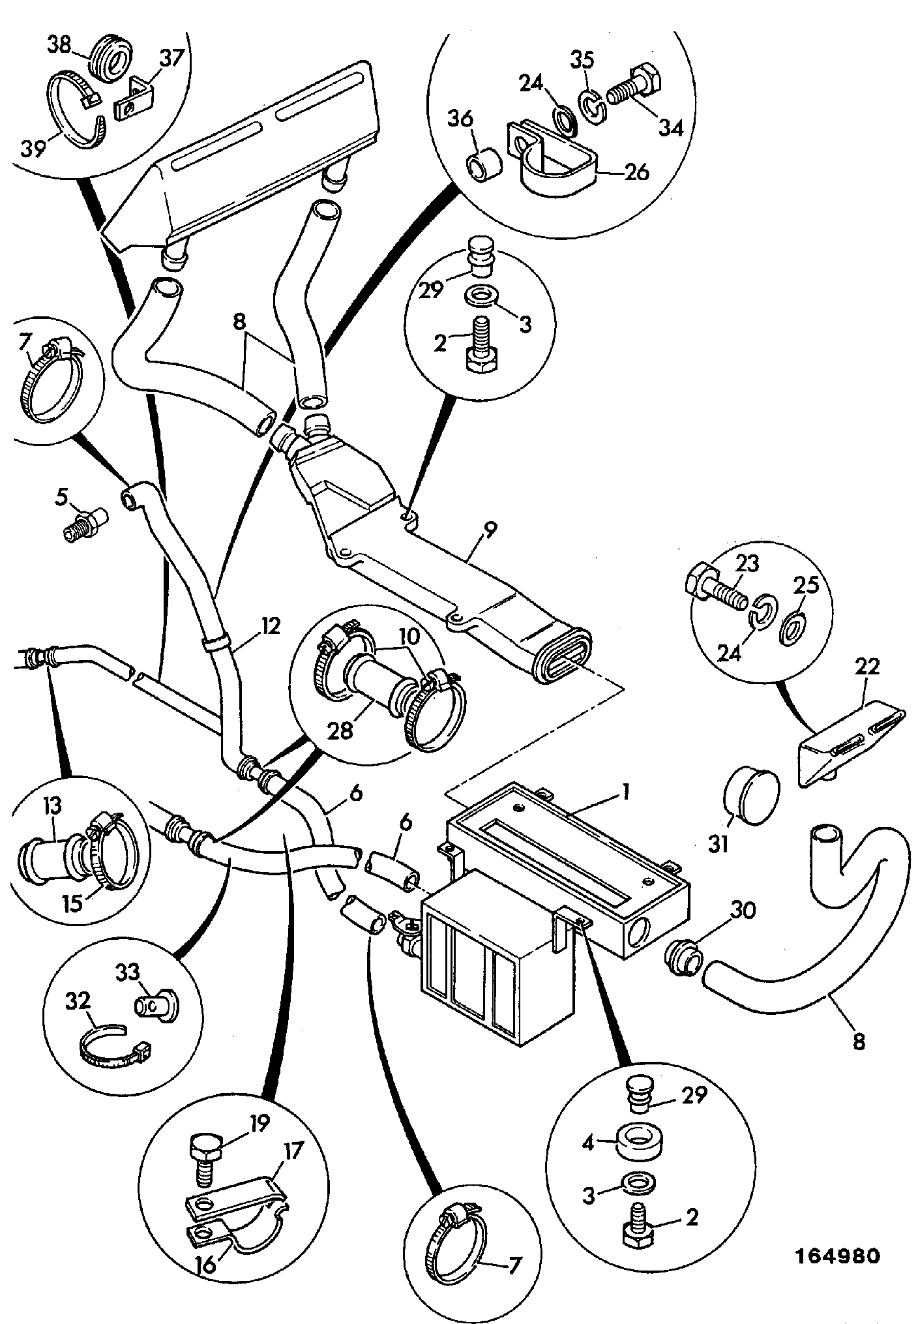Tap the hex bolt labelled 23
tap(715, 589)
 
